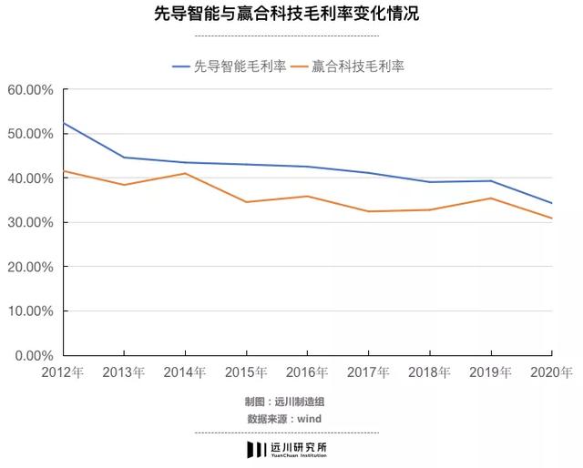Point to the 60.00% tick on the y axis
(31, 90)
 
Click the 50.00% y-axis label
(31, 134)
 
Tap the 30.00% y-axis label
(31, 222)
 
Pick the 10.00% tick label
(31, 310)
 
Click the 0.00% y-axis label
(34, 355)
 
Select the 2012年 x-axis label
(63, 371)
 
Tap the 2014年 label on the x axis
(185, 371)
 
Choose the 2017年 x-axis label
(368, 371)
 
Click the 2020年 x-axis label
(552, 371)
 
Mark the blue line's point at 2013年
(124, 158)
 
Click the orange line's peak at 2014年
(185, 173)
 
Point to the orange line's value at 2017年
(368, 211)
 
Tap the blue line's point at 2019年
(491, 180)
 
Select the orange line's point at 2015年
(246, 202)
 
